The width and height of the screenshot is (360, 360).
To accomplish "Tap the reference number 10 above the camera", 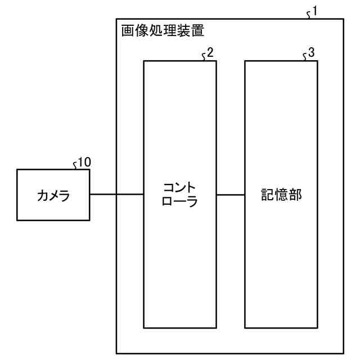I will click(84, 163).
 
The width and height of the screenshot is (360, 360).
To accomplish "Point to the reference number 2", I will click(210, 53).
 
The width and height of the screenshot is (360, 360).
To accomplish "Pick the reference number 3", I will click(311, 53).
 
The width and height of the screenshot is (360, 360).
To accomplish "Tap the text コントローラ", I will click(180, 194).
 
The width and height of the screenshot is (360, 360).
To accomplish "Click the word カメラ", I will click(53, 196).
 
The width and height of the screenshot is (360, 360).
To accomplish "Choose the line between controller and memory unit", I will click(231, 195).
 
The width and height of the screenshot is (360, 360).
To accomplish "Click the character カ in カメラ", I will click(41, 196).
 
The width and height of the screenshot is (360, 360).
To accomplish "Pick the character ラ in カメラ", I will click(66, 196).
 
